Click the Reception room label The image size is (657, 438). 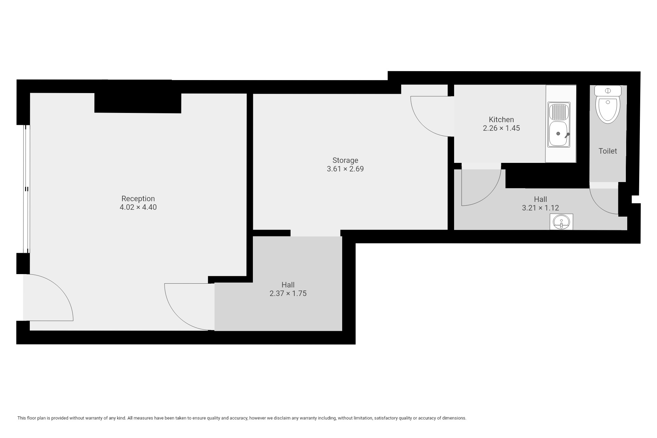click(x=138, y=198)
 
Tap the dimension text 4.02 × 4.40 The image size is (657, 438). click(x=138, y=207)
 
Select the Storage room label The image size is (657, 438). click(x=345, y=160)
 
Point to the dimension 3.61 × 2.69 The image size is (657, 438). click(x=345, y=169)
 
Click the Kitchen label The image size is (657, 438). click(x=501, y=119)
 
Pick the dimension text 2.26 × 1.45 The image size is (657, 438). click(x=501, y=128)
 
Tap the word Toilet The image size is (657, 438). click(x=608, y=151)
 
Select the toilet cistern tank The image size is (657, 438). click(x=608, y=91)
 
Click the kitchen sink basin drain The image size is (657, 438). click(x=558, y=133)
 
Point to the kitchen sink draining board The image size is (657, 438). click(x=559, y=111)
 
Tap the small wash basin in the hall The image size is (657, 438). click(x=561, y=222)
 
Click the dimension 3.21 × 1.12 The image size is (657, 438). click(x=540, y=208)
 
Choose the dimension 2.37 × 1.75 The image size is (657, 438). click(x=288, y=293)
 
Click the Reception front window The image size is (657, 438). click(x=26, y=189)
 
